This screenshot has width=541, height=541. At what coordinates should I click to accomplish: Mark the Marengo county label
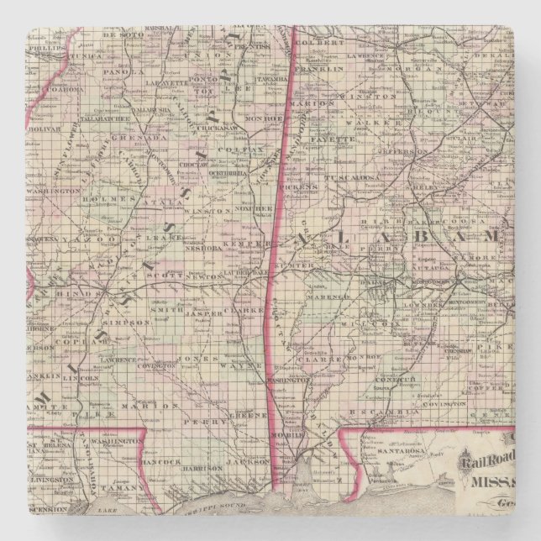coord(339,297)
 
